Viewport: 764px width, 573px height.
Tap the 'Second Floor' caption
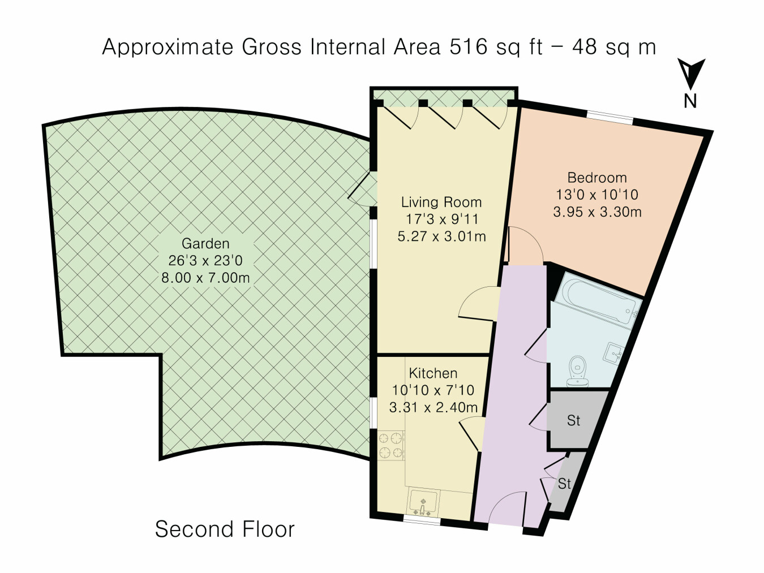tap(225, 529)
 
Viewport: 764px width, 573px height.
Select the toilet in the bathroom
tap(578, 371)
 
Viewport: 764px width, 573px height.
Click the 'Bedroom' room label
tap(597, 178)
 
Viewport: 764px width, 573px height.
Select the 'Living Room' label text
tap(441, 202)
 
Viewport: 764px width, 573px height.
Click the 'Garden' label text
tap(205, 244)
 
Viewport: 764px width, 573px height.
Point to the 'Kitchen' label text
tap(433, 373)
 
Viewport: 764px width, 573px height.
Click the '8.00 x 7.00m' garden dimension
tap(205, 278)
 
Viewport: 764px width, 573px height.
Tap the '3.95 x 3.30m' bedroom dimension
tap(597, 212)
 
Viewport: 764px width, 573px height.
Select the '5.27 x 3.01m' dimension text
tap(441, 236)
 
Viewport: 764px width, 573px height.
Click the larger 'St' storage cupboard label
tap(574, 421)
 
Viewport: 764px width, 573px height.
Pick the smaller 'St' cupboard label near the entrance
tap(564, 484)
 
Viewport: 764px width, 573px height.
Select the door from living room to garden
tap(362, 189)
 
